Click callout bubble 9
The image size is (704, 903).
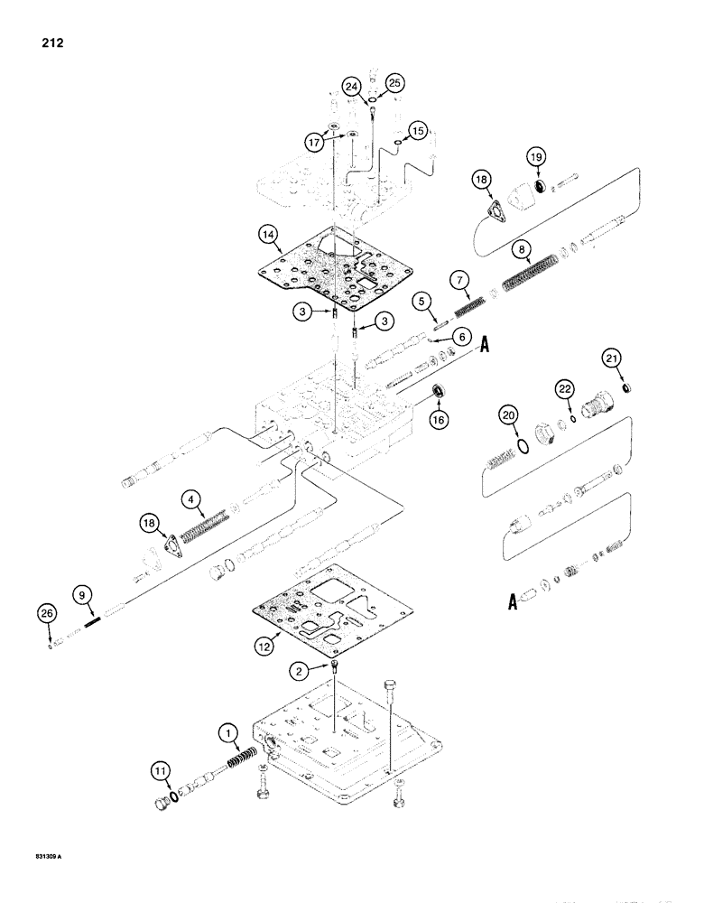[81, 595]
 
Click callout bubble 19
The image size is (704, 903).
[536, 160]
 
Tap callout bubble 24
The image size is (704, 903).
[352, 87]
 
